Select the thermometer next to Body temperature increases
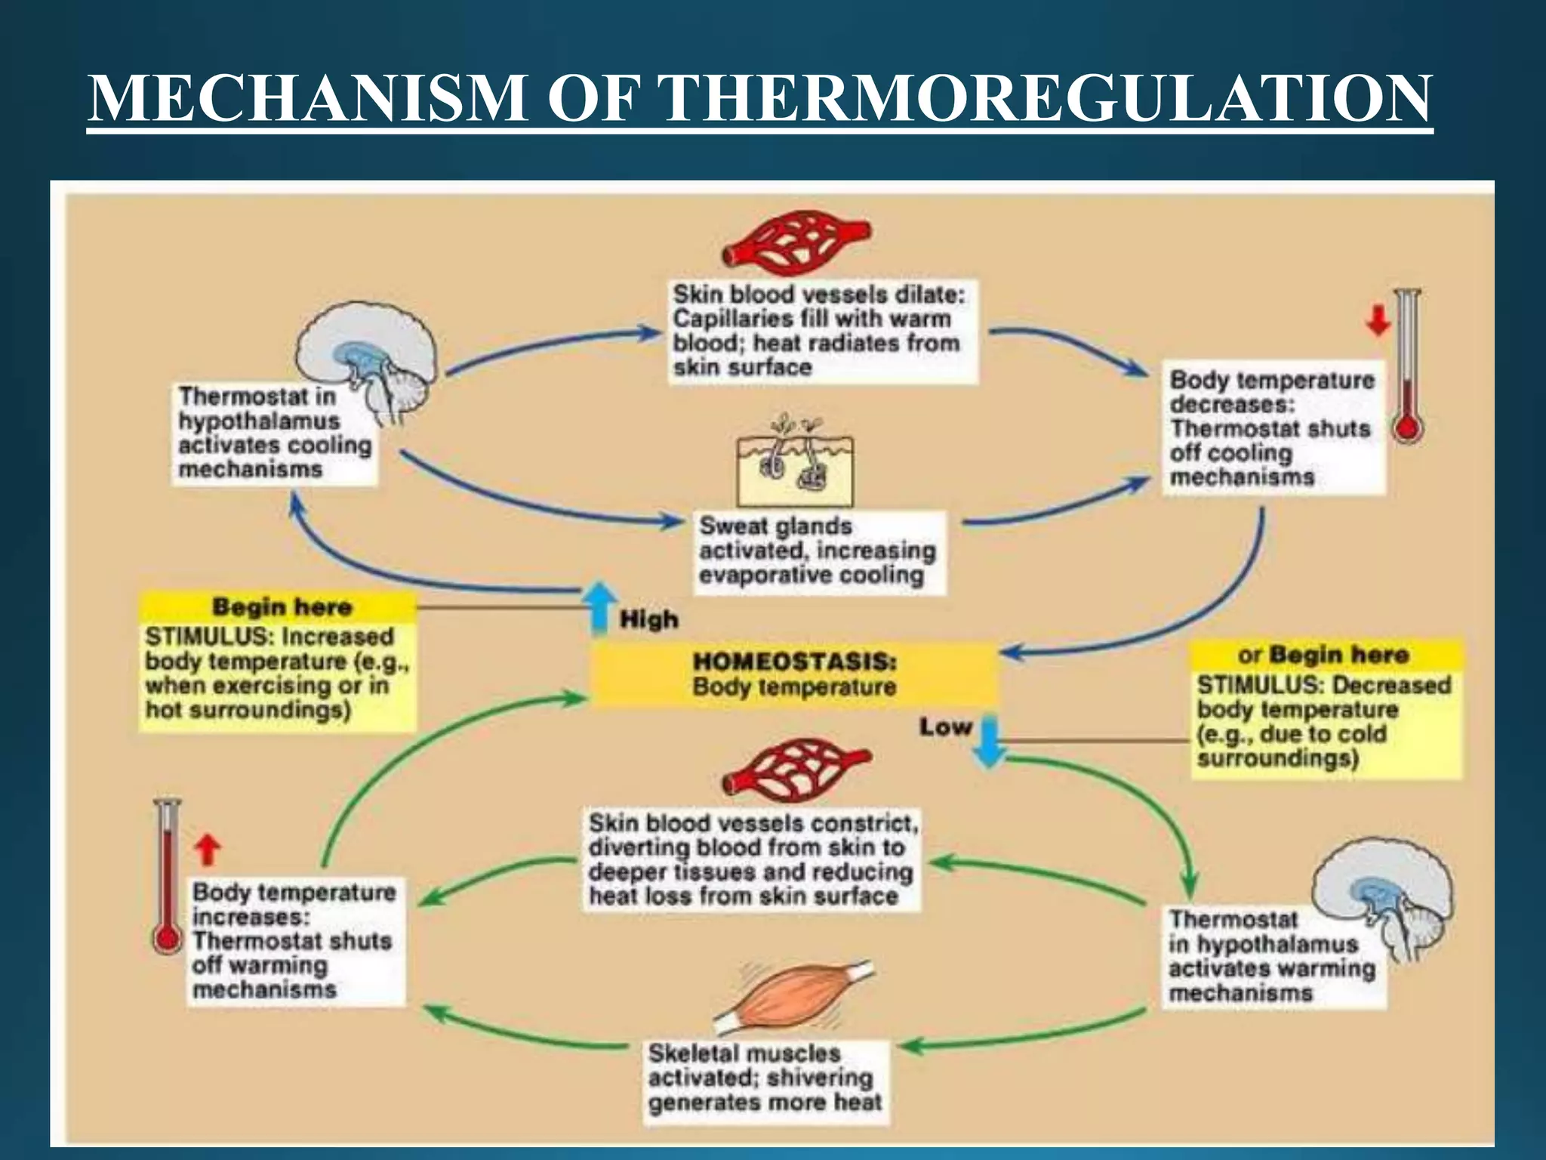[167, 876]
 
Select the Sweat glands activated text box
[818, 551]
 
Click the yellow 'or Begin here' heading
[1325, 654]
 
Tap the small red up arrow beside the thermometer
[208, 850]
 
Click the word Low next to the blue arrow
[944, 727]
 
